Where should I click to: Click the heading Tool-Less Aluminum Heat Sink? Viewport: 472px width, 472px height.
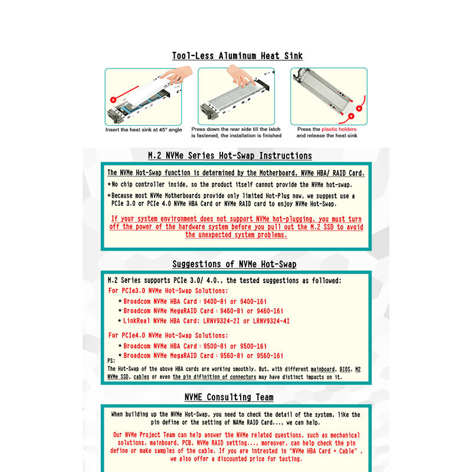point(237,56)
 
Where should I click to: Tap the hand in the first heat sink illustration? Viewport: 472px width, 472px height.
point(178,75)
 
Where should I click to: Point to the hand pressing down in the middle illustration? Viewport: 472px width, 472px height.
point(241,76)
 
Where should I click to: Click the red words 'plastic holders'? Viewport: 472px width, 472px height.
point(339,129)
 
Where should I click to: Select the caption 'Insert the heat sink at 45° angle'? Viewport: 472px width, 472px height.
point(143,130)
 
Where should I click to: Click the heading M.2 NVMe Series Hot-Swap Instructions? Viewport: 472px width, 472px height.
point(230,156)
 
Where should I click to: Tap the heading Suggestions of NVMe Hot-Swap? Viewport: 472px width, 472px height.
point(234,264)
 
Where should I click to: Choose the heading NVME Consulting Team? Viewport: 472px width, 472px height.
point(229,397)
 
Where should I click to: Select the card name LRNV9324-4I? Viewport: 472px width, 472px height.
point(271,321)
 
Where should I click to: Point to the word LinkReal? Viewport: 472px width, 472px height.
point(136,321)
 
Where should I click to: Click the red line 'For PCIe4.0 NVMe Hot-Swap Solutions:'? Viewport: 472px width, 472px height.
point(168,335)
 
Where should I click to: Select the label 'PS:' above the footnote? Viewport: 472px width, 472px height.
point(111,360)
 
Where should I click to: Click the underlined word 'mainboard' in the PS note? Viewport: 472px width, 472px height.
point(322,369)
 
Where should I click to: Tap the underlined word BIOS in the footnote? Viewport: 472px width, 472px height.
point(345,369)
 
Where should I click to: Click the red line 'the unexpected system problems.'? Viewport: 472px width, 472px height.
point(236,235)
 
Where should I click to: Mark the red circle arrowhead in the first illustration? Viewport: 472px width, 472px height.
point(113,100)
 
